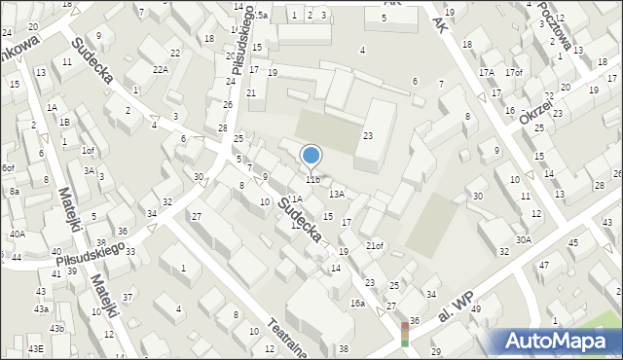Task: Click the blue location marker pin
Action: point(311,157)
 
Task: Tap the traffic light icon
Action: point(405,334)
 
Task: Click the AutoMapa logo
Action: point(556,342)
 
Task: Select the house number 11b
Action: point(312,180)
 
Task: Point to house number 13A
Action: point(336,195)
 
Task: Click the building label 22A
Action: point(161,69)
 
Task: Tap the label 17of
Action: point(514,73)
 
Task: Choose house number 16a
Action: point(358,304)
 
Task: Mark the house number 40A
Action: point(18,234)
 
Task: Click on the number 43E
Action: point(36,348)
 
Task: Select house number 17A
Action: point(486,73)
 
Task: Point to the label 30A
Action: point(524,239)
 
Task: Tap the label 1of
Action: point(88,150)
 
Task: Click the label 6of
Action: point(8,168)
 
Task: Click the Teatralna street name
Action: point(289,337)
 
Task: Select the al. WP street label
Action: point(456,310)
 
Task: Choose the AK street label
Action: point(393,4)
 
